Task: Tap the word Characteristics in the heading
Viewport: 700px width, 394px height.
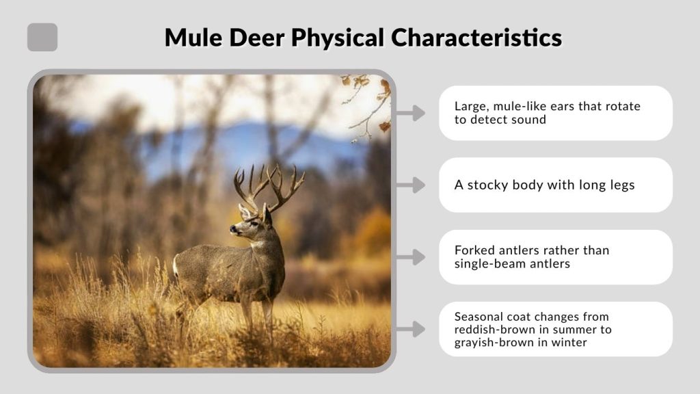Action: (x=479, y=37)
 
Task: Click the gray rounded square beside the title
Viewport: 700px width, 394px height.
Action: (x=42, y=37)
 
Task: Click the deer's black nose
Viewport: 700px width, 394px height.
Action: (x=232, y=231)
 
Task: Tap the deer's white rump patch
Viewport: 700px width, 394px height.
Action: (x=176, y=266)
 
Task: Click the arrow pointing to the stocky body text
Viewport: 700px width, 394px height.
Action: (x=411, y=185)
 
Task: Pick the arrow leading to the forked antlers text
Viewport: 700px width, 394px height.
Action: (x=411, y=257)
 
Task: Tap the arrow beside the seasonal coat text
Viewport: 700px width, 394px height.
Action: (x=411, y=329)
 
